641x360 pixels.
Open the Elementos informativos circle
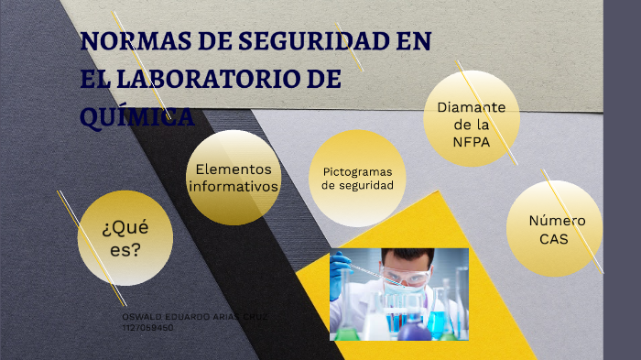[234, 178]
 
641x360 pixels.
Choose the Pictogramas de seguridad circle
[357, 179]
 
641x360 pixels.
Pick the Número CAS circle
[554, 228]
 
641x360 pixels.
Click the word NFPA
[471, 142]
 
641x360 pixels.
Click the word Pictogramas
[357, 171]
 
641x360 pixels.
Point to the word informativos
[234, 187]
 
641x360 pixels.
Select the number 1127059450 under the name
[147, 326]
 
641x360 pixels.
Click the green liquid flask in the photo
[346, 333]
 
